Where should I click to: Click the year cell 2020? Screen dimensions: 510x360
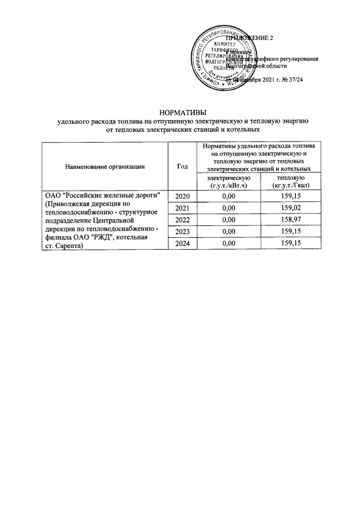(183, 196)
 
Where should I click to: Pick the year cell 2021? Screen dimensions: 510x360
(183, 208)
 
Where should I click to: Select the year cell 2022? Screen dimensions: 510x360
(183, 220)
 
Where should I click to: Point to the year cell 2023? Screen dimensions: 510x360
(183, 232)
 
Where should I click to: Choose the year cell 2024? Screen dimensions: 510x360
(183, 243)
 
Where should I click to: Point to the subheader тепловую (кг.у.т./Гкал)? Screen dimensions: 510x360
(287, 181)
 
